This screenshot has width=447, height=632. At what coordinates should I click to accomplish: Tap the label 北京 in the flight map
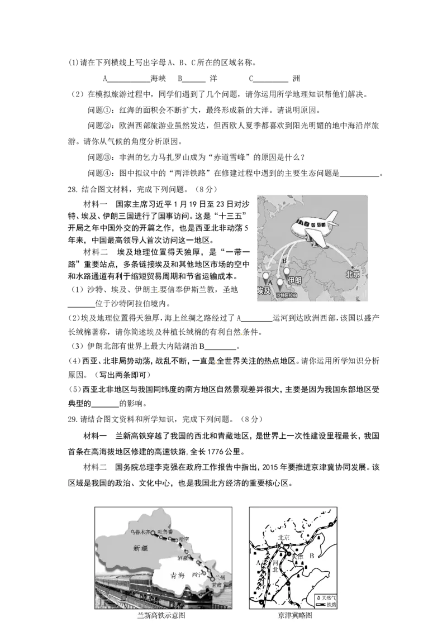click(353, 275)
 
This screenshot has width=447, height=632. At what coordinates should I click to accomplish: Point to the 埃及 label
click(263, 291)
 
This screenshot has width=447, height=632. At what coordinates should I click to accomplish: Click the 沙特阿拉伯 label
click(287, 295)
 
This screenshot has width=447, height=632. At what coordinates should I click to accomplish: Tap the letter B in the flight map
click(284, 261)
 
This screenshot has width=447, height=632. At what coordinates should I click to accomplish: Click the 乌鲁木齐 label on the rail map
click(140, 532)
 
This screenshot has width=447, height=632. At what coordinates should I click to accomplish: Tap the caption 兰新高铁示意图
click(161, 615)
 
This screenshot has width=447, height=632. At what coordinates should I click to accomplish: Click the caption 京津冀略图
click(294, 615)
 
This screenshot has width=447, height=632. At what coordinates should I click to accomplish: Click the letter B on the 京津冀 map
click(312, 556)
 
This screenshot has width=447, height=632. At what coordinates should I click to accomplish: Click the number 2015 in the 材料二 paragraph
click(273, 467)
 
